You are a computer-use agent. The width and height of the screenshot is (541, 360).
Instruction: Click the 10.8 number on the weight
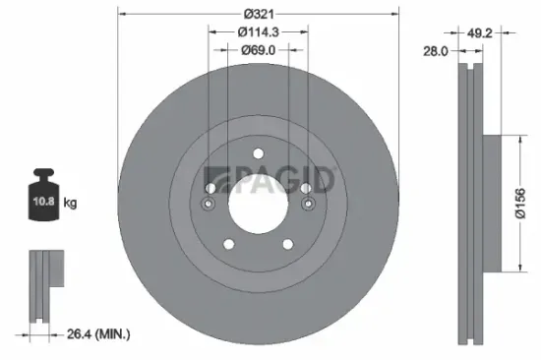pyautogui.click(x=43, y=204)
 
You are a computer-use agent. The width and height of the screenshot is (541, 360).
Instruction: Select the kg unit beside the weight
pyautogui.click(x=71, y=204)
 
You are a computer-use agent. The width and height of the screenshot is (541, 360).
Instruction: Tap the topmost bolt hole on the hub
pyautogui.click(x=258, y=153)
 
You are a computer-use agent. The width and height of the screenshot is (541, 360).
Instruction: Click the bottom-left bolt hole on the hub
pyautogui.click(x=227, y=245)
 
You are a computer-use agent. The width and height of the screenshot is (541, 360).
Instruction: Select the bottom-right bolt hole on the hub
pyautogui.click(x=288, y=245)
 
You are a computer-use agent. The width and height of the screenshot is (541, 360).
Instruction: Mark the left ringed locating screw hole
pyautogui.click(x=209, y=204)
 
